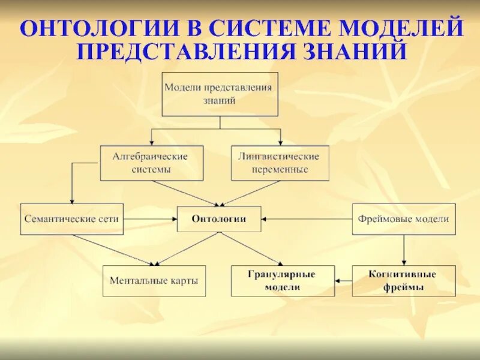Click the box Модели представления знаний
tap(220, 94)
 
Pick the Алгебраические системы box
tap(151, 163)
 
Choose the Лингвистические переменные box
tap(280, 163)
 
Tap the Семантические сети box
tap(71, 219)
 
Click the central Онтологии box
tap(219, 219)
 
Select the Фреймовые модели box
tap(403, 219)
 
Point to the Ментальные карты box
tap(154, 280)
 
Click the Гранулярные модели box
tap(282, 280)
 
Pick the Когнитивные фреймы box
tap(403, 280)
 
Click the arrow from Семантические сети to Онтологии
tap(150, 219)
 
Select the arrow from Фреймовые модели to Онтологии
tap(307, 219)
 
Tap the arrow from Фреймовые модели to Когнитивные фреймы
tap(404, 249)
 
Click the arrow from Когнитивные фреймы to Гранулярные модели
tap(343, 280)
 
